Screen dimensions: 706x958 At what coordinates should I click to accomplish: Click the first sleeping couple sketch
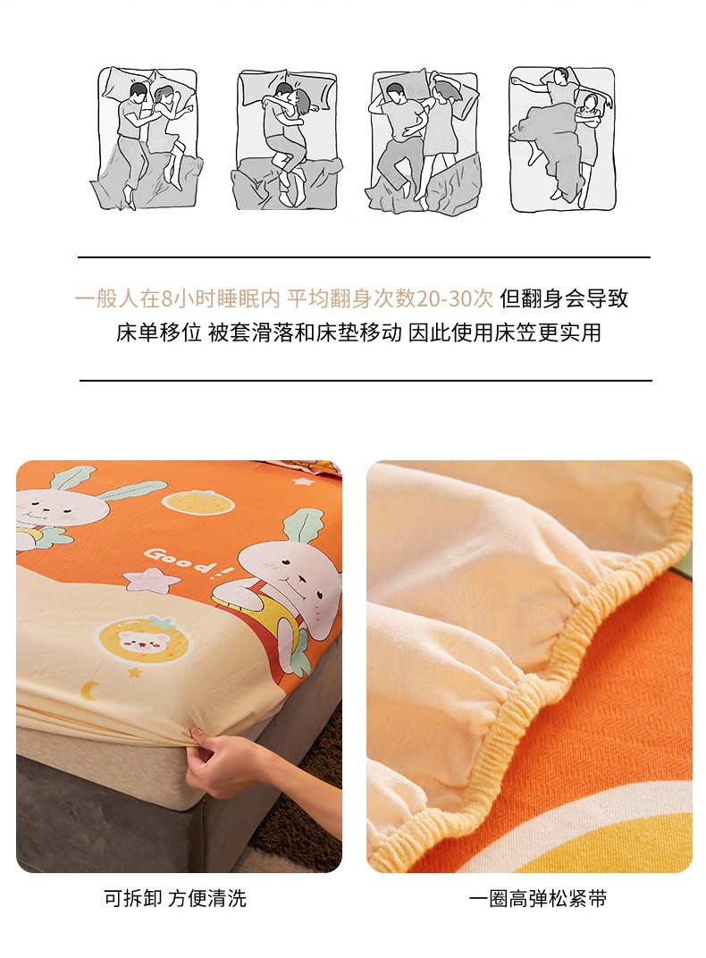[147, 139]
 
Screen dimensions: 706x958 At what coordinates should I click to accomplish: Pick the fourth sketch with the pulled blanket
[562, 139]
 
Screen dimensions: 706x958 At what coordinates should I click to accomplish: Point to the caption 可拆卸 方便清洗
[175, 898]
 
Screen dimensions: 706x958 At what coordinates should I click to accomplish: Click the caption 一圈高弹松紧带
[538, 899]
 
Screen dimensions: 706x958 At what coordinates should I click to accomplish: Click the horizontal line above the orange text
[364, 257]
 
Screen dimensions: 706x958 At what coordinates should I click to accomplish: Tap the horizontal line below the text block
[366, 381]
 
